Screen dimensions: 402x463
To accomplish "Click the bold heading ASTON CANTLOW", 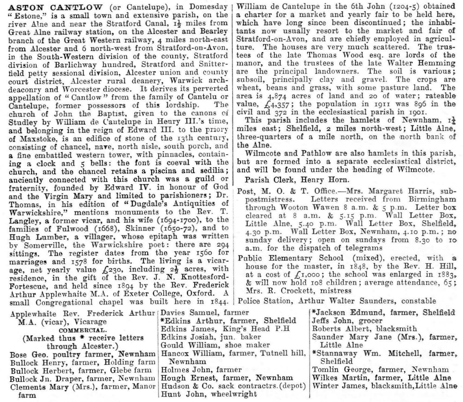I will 55,7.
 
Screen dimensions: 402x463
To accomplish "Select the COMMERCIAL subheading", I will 83,330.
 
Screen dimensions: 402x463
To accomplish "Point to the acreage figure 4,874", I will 277,96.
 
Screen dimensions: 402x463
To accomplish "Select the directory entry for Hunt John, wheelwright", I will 209,394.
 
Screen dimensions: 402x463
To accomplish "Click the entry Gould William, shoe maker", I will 215,345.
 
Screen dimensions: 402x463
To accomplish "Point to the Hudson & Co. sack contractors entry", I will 233,386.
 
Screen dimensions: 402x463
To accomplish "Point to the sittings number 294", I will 222,245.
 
